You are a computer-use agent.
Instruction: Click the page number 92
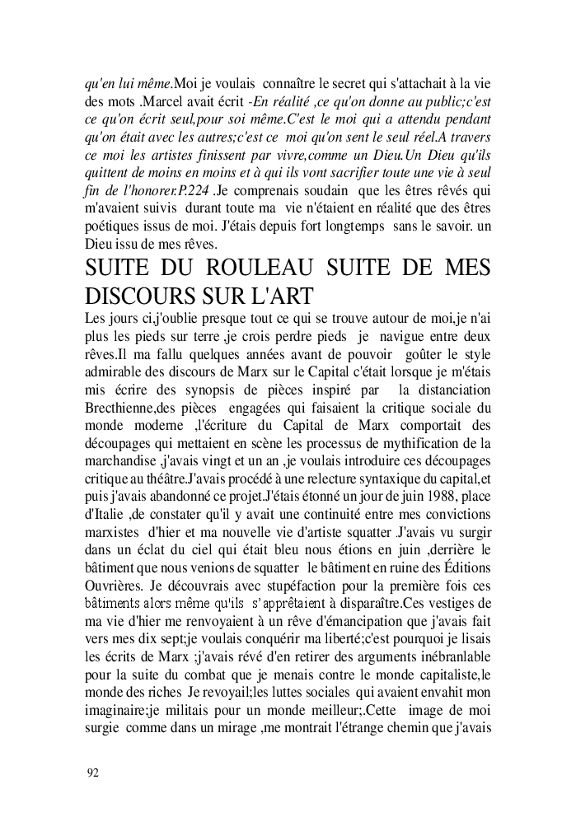click(x=92, y=773)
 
